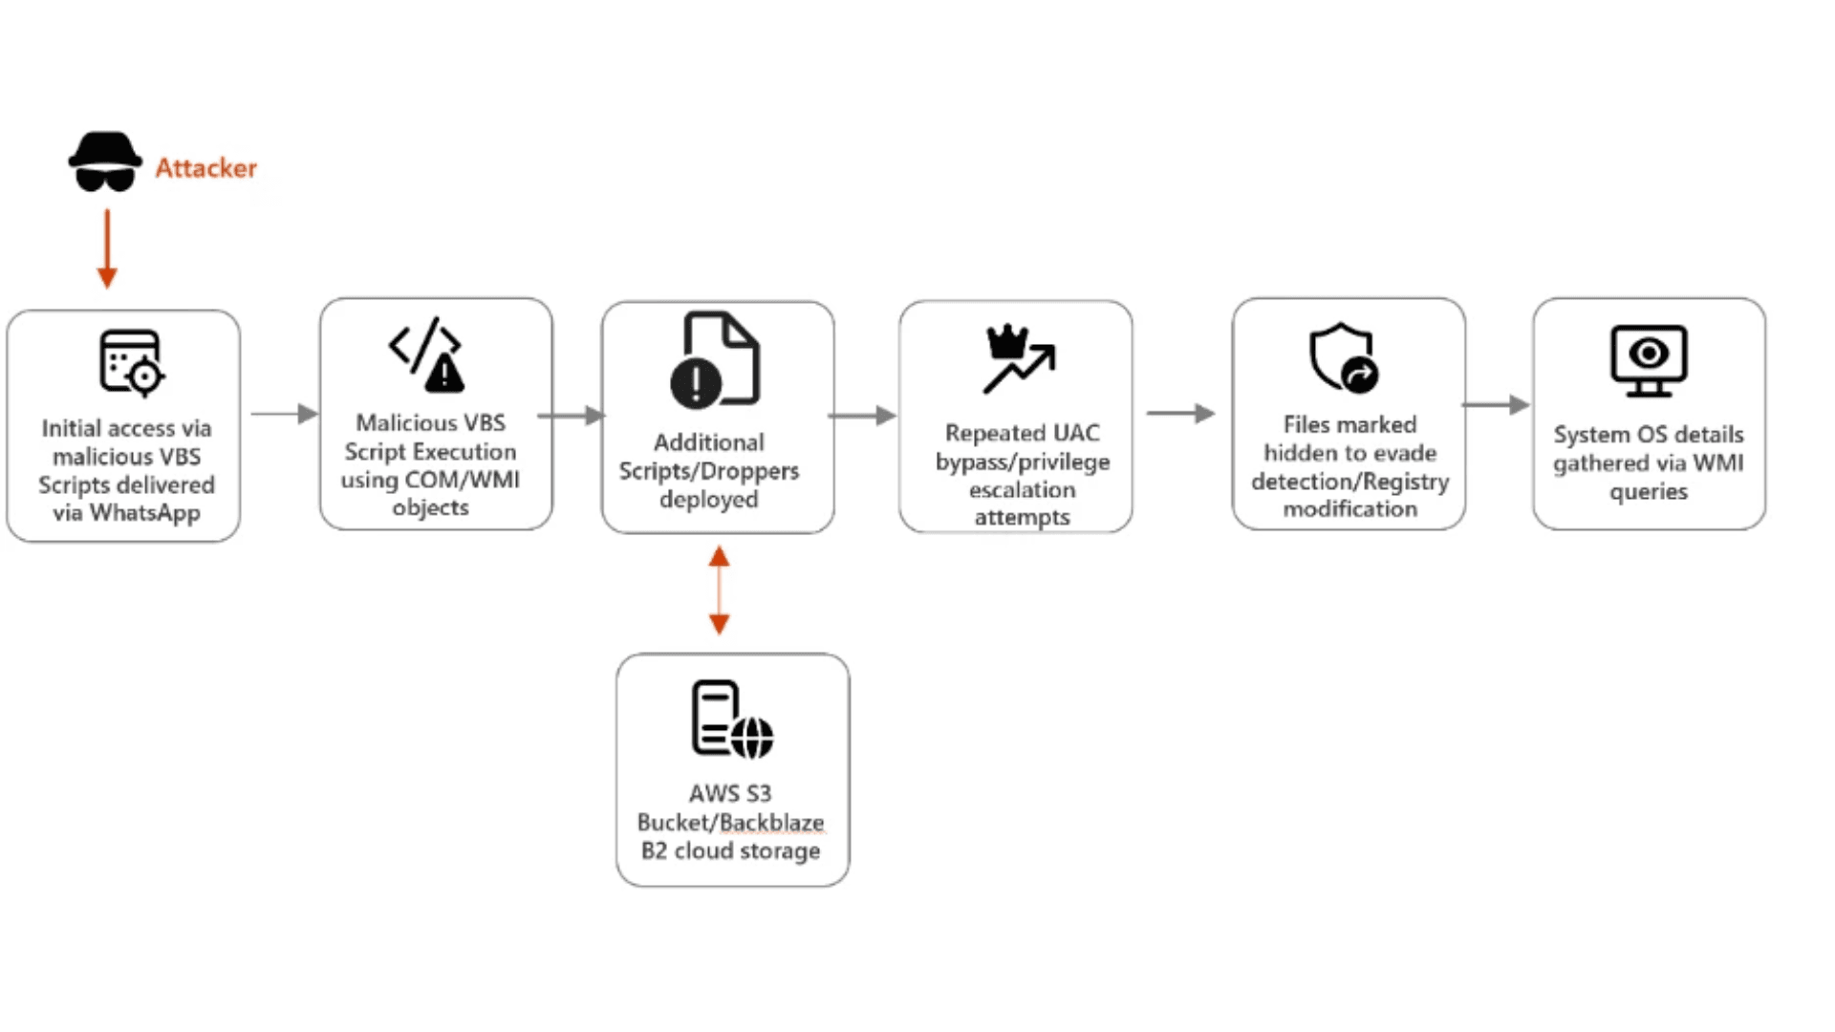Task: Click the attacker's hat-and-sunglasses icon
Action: tap(105, 162)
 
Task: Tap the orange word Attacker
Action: tap(205, 168)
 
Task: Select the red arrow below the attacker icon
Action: tap(107, 248)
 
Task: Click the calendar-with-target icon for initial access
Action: tap(130, 363)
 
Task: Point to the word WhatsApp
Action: tap(145, 513)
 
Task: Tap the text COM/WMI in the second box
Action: tap(463, 480)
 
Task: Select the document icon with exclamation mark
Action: tap(716, 360)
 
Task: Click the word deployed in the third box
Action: tap(708, 500)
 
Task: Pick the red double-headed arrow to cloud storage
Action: tap(719, 591)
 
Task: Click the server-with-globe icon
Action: tap(731, 720)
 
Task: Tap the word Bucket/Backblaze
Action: tap(730, 822)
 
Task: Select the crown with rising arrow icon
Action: tap(1018, 358)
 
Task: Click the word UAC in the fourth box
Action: tap(1076, 433)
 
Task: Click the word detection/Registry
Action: tap(1349, 482)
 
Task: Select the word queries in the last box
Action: tap(1649, 492)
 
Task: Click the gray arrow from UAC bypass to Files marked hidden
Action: tap(1180, 413)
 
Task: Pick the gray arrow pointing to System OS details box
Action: tap(1496, 405)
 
